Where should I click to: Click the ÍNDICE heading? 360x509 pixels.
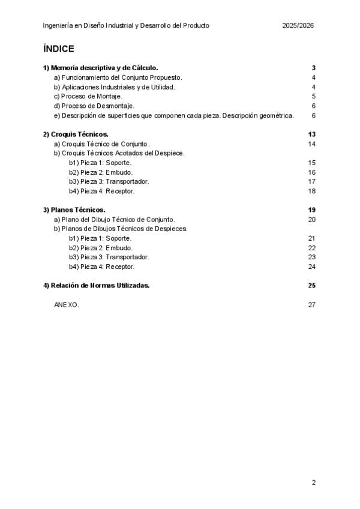click(59, 49)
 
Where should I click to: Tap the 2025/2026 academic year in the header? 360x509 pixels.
click(298, 26)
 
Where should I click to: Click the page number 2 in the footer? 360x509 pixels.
click(313, 482)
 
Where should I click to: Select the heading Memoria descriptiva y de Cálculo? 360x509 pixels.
click(100, 68)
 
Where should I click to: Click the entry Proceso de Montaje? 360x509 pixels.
click(88, 96)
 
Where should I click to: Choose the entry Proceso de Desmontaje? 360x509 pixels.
click(94, 106)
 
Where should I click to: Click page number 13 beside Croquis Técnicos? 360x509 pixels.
click(311, 134)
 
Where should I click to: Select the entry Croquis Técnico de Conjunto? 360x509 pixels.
click(101, 144)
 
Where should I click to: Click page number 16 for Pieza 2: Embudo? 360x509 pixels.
click(311, 172)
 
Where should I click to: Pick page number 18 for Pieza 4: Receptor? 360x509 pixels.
click(311, 191)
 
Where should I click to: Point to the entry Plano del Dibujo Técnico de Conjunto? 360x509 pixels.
click(114, 219)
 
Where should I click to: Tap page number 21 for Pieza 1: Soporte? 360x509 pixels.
click(311, 238)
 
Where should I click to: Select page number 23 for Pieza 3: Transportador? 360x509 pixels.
click(311, 257)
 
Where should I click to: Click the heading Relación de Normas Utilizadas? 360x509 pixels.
click(96, 285)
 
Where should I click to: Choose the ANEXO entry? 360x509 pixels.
click(66, 304)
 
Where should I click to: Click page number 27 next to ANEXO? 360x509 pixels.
click(311, 304)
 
